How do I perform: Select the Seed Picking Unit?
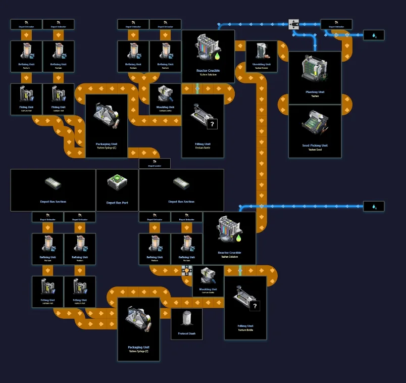pyautogui.click(x=315, y=131)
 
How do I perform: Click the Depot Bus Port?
pyautogui.click(x=117, y=189)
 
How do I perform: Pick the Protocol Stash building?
pyautogui.click(x=186, y=323)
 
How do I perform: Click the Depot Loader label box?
pyautogui.click(x=155, y=164)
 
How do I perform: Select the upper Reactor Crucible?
pyautogui.click(x=208, y=56)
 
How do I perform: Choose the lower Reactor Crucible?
pyautogui.click(x=229, y=237)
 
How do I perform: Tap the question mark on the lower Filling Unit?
pyautogui.click(x=255, y=306)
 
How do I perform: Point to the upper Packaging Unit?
pyautogui.click(x=107, y=126)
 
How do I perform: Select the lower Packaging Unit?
pyautogui.click(x=138, y=328)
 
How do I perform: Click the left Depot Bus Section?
pyautogui.click(x=53, y=189)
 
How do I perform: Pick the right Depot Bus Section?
pyautogui.click(x=181, y=189)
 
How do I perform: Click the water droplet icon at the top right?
pyautogui.click(x=374, y=35)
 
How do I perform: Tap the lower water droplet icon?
pyautogui.click(x=374, y=206)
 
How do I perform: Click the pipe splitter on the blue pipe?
pyautogui.click(x=294, y=24)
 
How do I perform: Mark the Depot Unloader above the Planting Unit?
pyautogui.click(x=336, y=24)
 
